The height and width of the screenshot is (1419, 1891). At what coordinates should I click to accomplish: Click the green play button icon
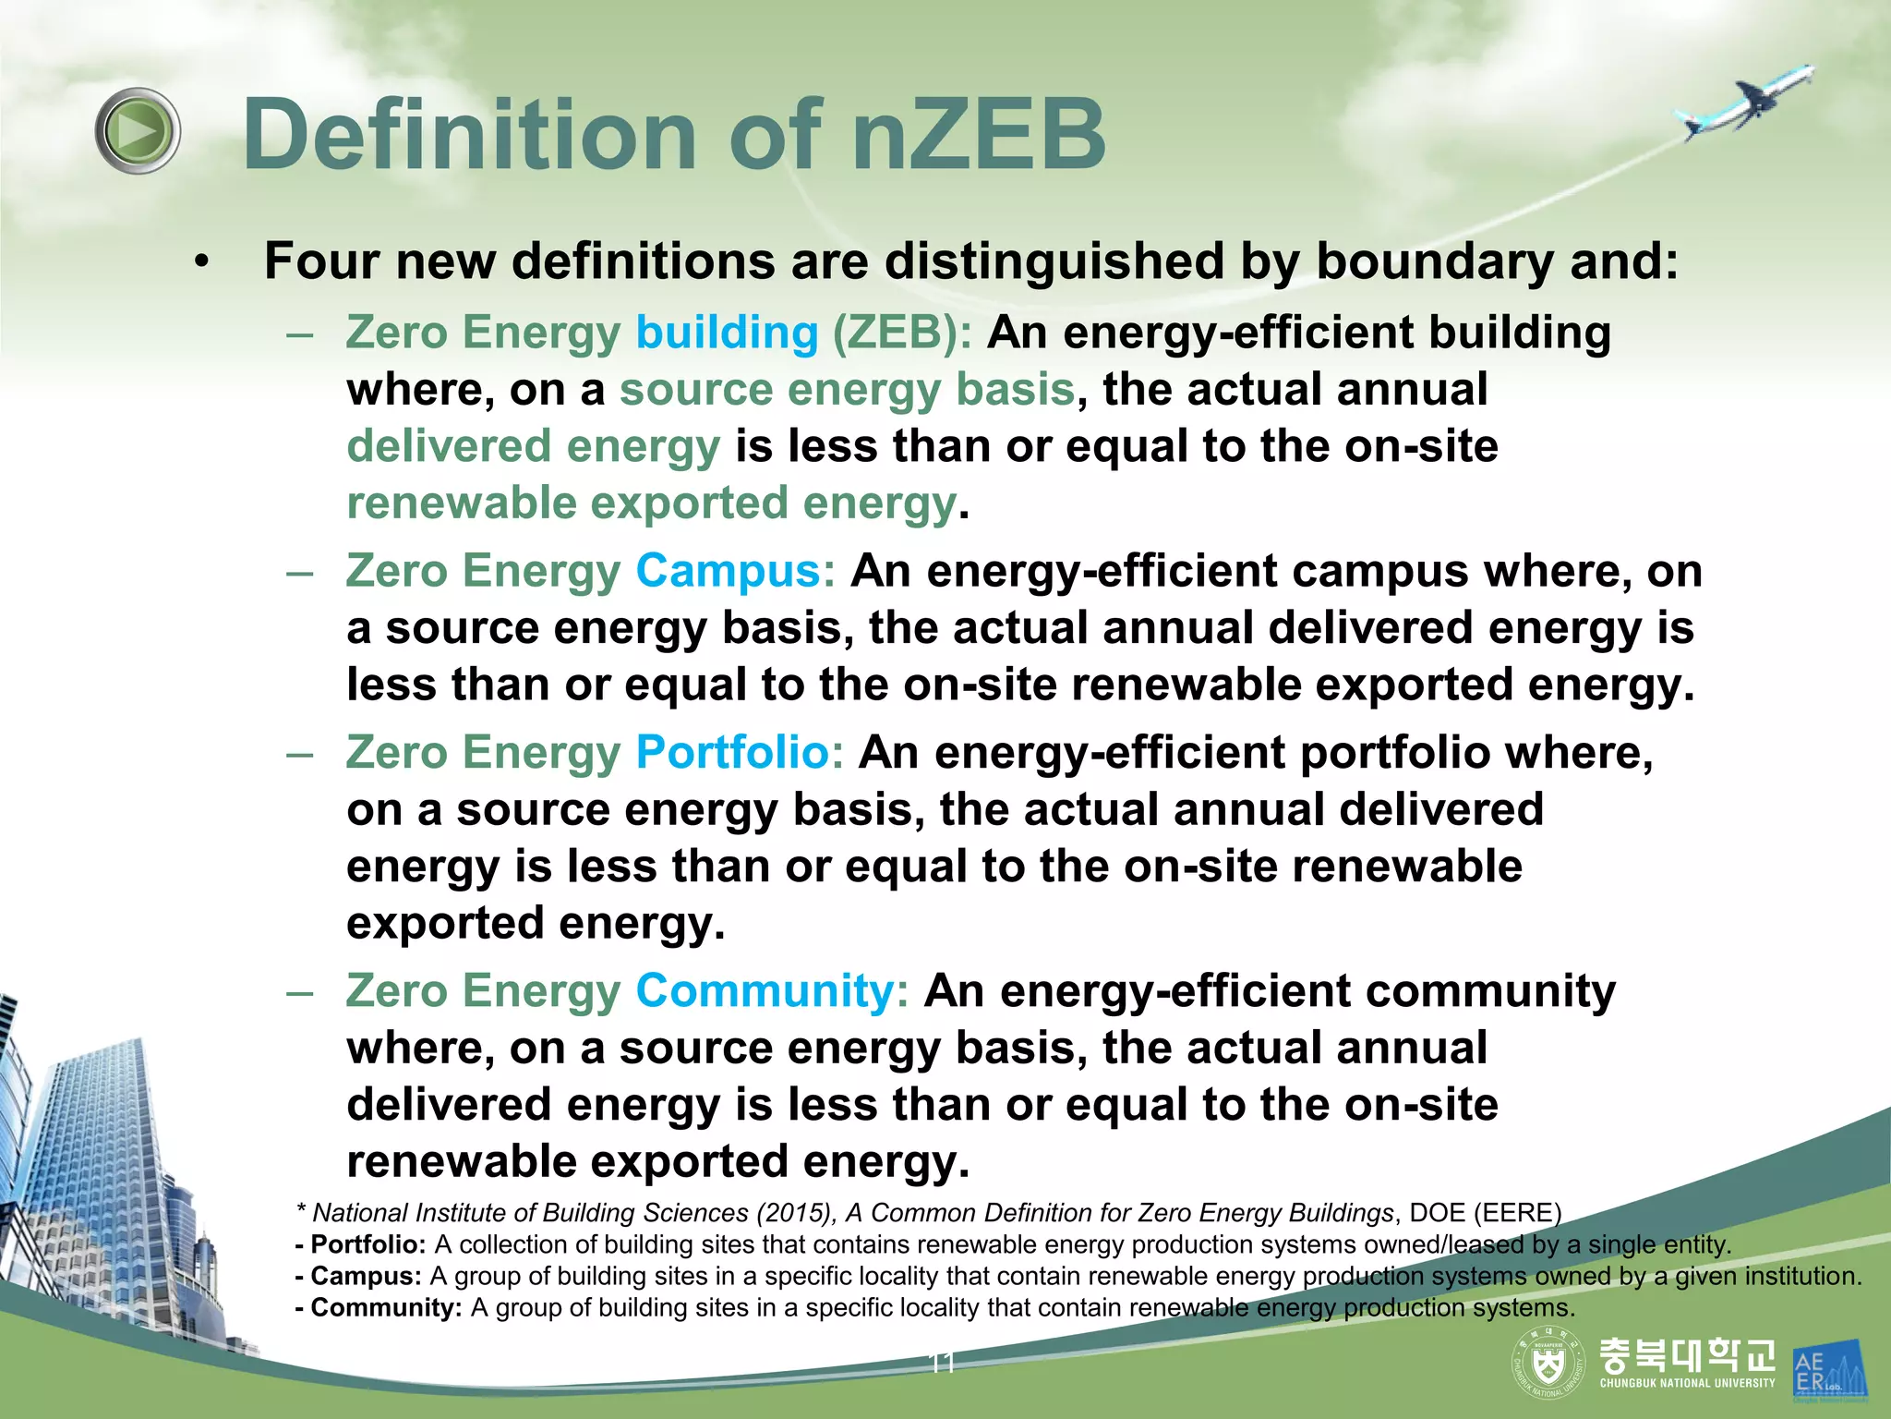(x=138, y=130)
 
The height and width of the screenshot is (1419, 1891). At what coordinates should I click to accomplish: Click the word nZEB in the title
(x=979, y=135)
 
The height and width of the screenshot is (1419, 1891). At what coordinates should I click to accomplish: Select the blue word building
(x=727, y=333)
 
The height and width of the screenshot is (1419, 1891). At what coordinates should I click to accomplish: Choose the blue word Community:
(x=772, y=990)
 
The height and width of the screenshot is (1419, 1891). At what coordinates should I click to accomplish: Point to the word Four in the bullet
(x=322, y=261)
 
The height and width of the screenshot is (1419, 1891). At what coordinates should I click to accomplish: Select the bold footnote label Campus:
(x=366, y=1276)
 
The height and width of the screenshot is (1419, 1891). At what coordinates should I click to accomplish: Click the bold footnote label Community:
(x=386, y=1307)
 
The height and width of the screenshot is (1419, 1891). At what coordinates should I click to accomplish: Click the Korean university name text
(x=1687, y=1354)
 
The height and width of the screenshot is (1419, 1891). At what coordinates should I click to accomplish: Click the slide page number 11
(x=942, y=1364)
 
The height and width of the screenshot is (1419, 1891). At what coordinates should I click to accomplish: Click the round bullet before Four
(x=202, y=262)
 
